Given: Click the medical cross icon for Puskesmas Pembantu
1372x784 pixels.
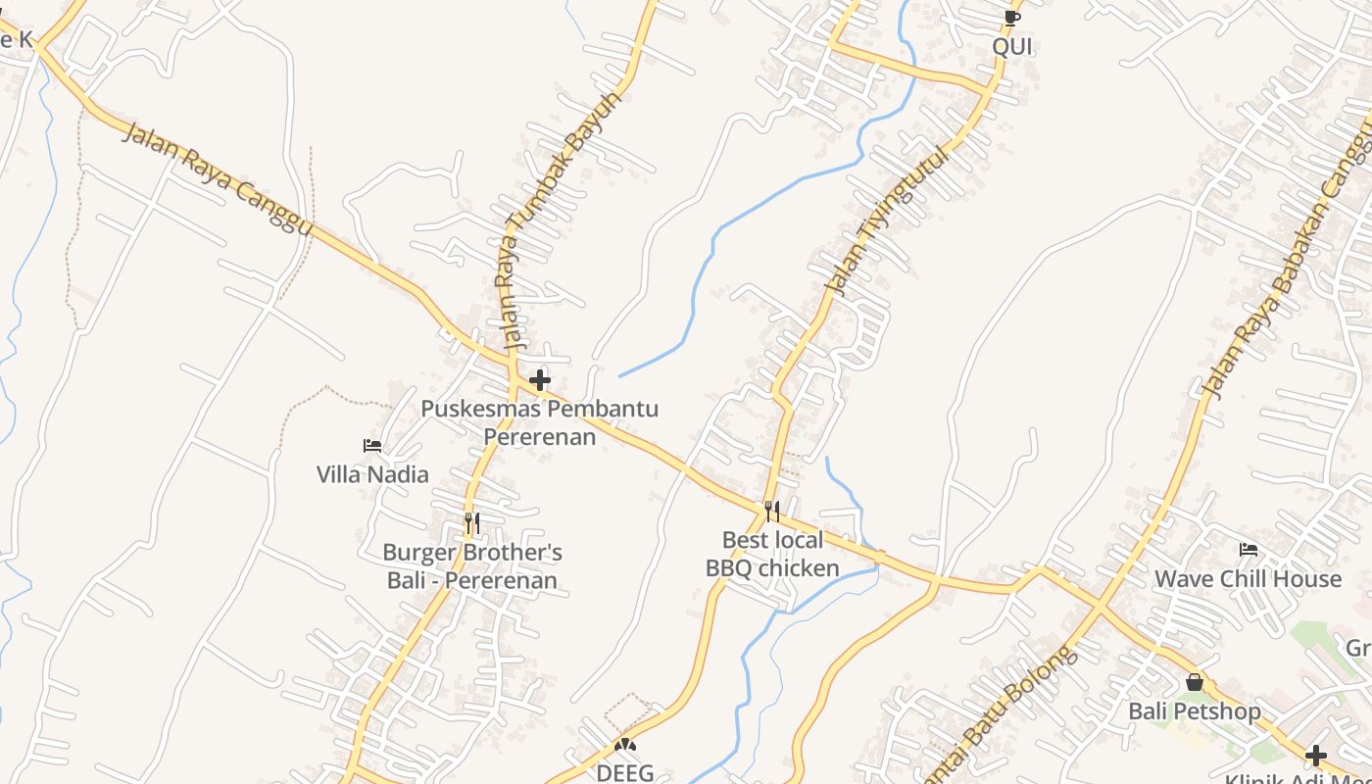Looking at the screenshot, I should click(x=539, y=380).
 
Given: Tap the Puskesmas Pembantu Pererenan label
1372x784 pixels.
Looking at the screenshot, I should click(x=540, y=422).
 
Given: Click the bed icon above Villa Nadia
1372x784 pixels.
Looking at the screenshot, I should click(x=372, y=446).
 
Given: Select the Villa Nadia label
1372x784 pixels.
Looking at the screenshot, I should click(x=372, y=474).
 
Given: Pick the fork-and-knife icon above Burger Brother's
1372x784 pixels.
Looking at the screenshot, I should click(x=472, y=523).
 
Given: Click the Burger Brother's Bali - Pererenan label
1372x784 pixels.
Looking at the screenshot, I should click(x=472, y=566).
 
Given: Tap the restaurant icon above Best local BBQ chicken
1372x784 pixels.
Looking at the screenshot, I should click(x=772, y=511).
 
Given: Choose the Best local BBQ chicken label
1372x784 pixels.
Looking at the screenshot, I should click(x=772, y=554).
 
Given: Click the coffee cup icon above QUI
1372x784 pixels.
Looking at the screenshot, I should click(x=1012, y=18).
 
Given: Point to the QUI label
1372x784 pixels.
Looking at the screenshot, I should click(x=1012, y=46).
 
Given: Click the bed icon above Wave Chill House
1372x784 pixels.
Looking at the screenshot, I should click(x=1249, y=550).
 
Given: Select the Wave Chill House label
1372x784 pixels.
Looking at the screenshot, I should click(x=1248, y=579).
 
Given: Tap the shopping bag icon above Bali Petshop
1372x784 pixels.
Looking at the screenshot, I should click(x=1195, y=682).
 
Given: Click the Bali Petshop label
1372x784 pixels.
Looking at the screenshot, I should click(x=1195, y=710).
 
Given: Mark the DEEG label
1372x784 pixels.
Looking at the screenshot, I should click(x=625, y=773).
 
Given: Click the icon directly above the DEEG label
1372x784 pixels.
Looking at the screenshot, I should click(x=625, y=746).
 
